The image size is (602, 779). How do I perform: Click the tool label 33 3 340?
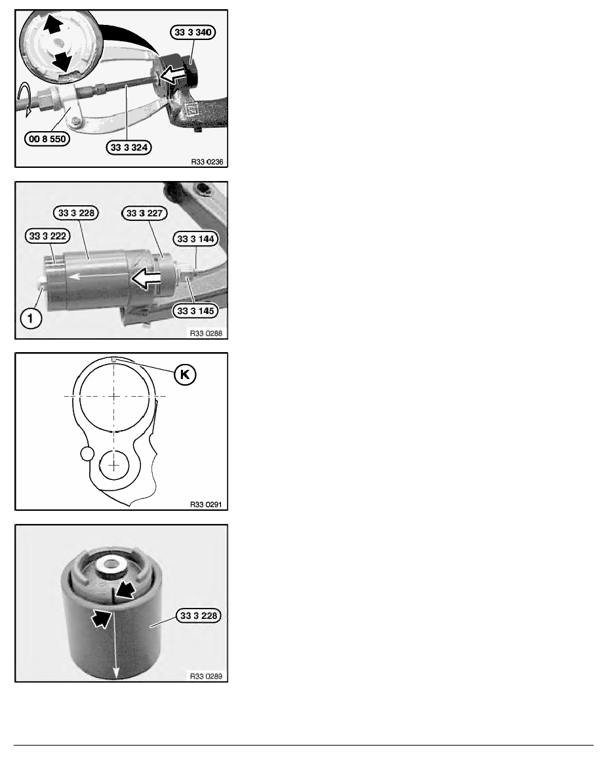193,32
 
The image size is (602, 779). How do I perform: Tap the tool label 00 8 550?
47,138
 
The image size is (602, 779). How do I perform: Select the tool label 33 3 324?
129,147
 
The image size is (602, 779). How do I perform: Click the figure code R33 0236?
207,161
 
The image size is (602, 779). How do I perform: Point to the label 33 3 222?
47,236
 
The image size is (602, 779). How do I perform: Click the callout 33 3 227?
144,213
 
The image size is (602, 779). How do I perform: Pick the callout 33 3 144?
195,239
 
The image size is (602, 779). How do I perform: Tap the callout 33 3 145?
195,311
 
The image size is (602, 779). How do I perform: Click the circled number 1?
31,317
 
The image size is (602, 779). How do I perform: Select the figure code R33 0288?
206,333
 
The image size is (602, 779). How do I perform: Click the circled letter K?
185,374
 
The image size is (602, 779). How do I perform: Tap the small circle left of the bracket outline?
87,453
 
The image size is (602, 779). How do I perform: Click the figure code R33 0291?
206,504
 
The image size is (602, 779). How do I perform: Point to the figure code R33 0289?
206,675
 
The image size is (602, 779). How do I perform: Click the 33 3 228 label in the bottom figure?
198,616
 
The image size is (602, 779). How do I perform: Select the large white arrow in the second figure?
145,278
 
